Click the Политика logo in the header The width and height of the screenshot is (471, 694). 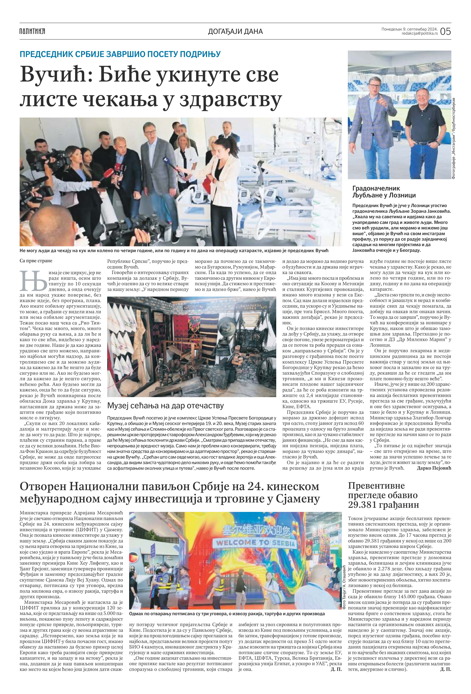pos(32,31)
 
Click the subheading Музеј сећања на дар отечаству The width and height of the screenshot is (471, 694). pos(165,406)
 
